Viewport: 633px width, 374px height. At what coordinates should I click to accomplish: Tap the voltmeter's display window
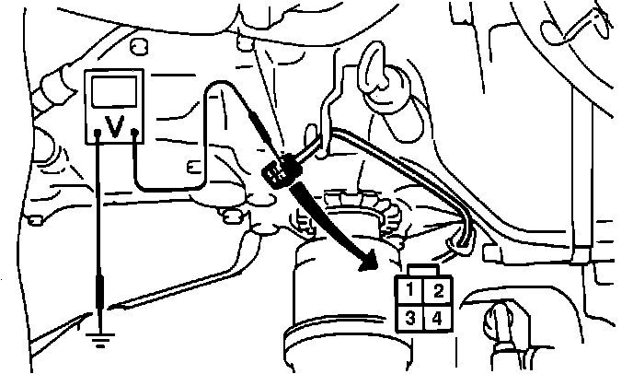tap(116, 95)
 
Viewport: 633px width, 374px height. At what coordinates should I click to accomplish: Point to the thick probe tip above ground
tap(98, 296)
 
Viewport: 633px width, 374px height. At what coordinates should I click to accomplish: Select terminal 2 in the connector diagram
tap(438, 293)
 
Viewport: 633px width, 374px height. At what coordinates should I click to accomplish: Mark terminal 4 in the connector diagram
tap(438, 321)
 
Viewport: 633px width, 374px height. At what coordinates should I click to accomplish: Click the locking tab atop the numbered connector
tap(423, 270)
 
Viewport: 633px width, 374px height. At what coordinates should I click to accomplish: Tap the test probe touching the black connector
tap(260, 129)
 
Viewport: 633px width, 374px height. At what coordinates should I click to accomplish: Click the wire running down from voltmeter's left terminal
tap(98, 212)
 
